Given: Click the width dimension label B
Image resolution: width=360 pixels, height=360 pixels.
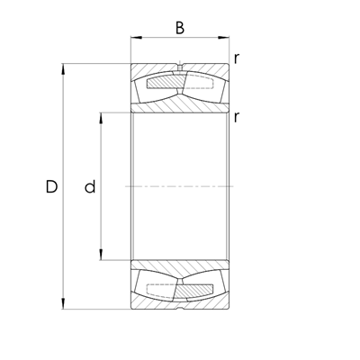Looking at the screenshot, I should [x=179, y=27].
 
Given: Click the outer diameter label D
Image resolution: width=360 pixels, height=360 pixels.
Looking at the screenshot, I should [x=51, y=187].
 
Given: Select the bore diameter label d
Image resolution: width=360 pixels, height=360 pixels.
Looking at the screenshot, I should [x=89, y=187].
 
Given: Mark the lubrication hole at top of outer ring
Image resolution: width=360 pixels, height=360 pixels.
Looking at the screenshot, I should [x=180, y=67].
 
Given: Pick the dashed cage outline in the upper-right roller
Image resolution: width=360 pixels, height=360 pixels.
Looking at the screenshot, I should [x=200, y=85].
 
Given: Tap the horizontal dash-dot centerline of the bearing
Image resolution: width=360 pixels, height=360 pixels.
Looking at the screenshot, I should [x=179, y=186].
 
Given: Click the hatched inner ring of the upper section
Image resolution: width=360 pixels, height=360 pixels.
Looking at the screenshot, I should [x=179, y=104].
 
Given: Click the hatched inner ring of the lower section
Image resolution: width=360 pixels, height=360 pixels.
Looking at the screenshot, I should [x=179, y=269].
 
